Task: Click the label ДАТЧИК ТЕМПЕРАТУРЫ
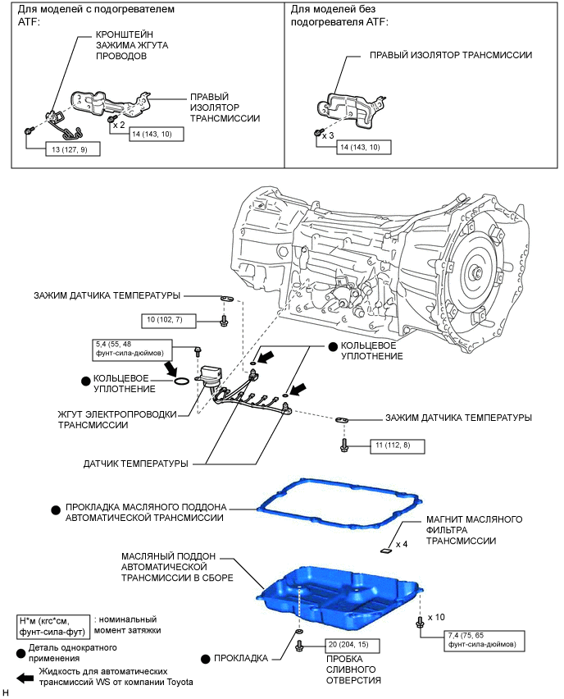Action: click(135, 464)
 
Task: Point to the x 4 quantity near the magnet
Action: click(402, 544)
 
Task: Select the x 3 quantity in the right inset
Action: click(328, 135)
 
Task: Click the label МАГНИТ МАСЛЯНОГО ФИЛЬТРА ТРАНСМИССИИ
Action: click(462, 530)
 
